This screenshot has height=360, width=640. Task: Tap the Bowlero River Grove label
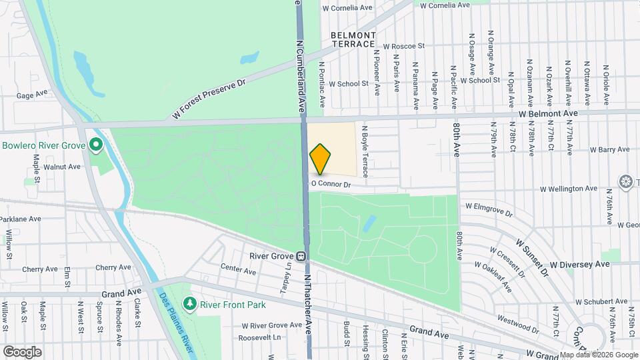(43, 145)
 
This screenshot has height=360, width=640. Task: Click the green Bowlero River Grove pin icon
(95, 144)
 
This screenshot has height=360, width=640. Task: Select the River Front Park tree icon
(191, 304)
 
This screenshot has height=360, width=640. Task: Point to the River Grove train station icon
(301, 255)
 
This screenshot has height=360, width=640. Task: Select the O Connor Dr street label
(331, 183)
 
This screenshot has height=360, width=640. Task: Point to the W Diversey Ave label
(579, 264)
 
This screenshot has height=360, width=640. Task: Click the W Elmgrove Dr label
(489, 210)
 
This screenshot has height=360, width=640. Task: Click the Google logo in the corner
(22, 351)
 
